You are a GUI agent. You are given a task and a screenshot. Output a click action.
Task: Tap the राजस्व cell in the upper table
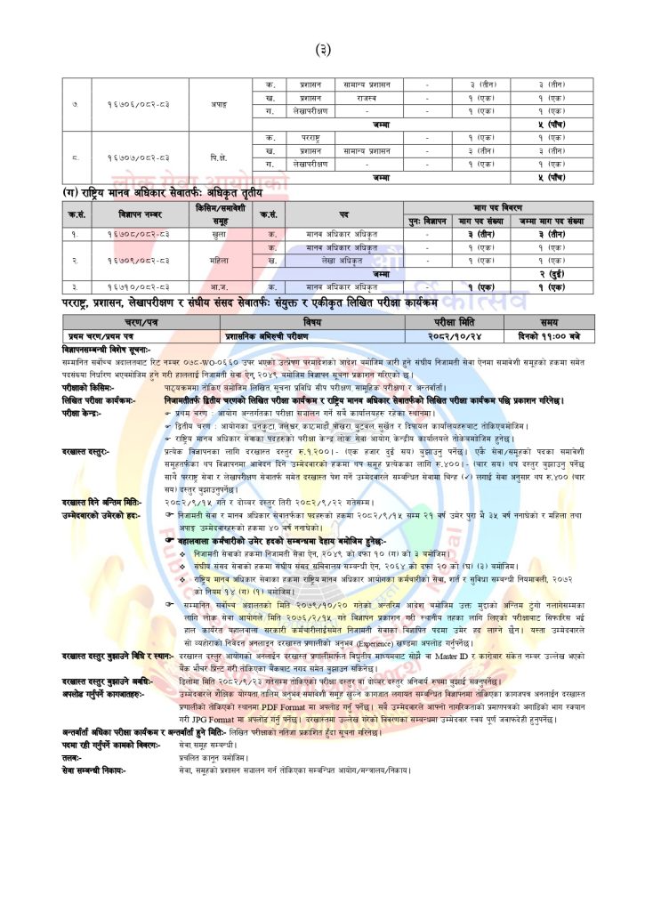pos(366,98)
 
